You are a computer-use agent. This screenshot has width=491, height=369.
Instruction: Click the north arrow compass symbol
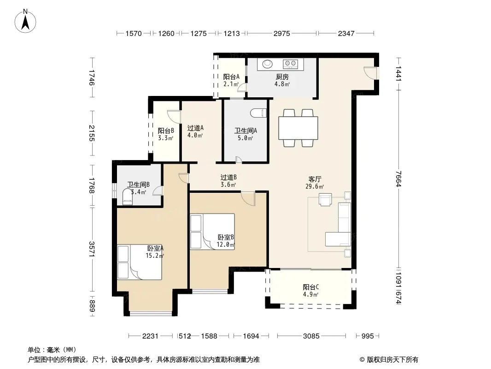(x=25, y=21)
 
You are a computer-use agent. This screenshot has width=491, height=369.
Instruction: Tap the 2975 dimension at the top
(x=282, y=33)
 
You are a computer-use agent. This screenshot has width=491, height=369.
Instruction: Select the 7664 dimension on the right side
(x=398, y=179)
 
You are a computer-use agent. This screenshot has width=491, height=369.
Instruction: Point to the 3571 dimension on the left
(x=92, y=249)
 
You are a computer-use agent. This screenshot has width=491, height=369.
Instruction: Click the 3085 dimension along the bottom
(x=311, y=336)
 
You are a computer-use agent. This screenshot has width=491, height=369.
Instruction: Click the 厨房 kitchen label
(x=282, y=77)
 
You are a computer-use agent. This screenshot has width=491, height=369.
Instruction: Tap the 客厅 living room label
(x=315, y=179)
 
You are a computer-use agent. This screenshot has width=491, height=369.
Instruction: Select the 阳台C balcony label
(x=311, y=287)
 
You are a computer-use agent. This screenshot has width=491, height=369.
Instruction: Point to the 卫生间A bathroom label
(x=245, y=131)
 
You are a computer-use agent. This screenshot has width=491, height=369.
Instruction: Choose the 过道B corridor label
(x=228, y=178)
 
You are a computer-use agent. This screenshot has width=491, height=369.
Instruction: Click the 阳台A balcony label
(x=231, y=77)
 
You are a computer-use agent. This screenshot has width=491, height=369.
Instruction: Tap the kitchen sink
(x=268, y=64)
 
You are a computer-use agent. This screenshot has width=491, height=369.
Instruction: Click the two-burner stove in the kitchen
(x=290, y=64)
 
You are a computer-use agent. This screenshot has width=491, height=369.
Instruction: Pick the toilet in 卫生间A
(x=259, y=113)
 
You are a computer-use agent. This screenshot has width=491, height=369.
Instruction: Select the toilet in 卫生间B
(x=128, y=197)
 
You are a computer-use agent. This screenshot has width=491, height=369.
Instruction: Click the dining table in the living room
(x=298, y=128)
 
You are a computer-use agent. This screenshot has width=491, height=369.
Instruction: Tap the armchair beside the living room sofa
(x=325, y=199)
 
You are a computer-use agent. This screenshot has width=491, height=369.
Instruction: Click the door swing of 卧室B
(x=248, y=198)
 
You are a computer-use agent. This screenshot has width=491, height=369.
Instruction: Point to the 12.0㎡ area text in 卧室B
(x=225, y=244)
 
